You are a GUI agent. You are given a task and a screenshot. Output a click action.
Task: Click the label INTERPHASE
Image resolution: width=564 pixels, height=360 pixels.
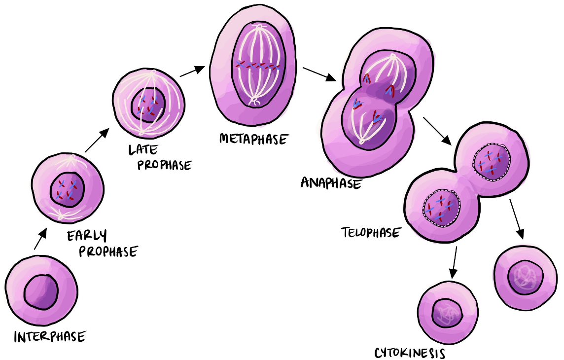point(49,337)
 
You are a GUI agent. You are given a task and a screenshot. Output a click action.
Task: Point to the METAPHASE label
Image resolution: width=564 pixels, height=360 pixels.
point(253,139)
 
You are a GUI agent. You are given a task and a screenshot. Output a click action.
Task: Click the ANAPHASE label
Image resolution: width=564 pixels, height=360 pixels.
point(331,182)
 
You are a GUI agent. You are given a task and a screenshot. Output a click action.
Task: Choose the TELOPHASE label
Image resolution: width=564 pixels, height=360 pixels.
point(371,232)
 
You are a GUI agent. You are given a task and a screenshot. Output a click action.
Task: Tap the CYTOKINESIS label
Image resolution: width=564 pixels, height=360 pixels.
point(410,353)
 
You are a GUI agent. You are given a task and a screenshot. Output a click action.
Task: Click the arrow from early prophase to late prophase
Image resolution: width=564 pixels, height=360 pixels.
point(97,140)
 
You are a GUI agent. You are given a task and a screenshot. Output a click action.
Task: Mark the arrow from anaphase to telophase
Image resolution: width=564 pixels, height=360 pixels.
point(437,130)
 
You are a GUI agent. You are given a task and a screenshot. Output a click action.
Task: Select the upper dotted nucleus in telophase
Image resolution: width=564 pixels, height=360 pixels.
point(491,162)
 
